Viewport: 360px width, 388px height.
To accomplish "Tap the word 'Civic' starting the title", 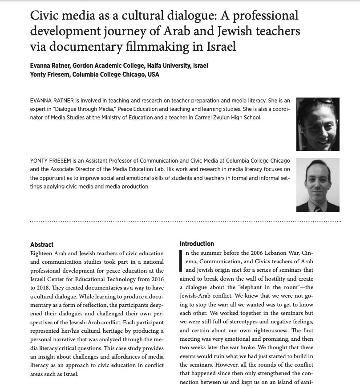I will tap(44, 16).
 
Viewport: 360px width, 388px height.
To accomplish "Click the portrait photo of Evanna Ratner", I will tap(318, 124).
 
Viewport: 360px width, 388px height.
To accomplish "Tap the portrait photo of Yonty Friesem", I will tap(318, 185).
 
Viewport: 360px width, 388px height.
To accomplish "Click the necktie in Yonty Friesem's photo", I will tap(317, 208).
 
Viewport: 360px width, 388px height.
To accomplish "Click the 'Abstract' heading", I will tap(42, 245).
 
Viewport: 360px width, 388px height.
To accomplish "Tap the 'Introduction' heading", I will tap(197, 244).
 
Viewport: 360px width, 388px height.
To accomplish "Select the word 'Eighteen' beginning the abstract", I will tap(41, 253).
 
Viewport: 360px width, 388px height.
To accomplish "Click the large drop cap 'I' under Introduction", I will tap(181, 261).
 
